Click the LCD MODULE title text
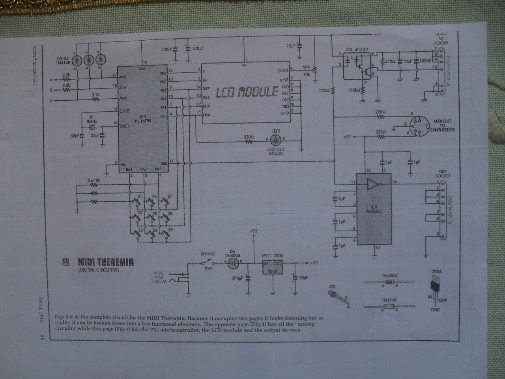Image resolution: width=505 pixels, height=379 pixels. point(247,92)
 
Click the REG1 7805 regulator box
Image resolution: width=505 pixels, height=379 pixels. point(272,268)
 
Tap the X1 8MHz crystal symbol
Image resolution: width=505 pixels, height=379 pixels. point(92,127)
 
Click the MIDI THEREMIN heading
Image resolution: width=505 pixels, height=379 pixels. point(105,262)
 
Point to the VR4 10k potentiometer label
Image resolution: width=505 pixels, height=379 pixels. point(306,71)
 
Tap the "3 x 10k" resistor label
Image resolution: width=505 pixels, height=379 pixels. point(94,180)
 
